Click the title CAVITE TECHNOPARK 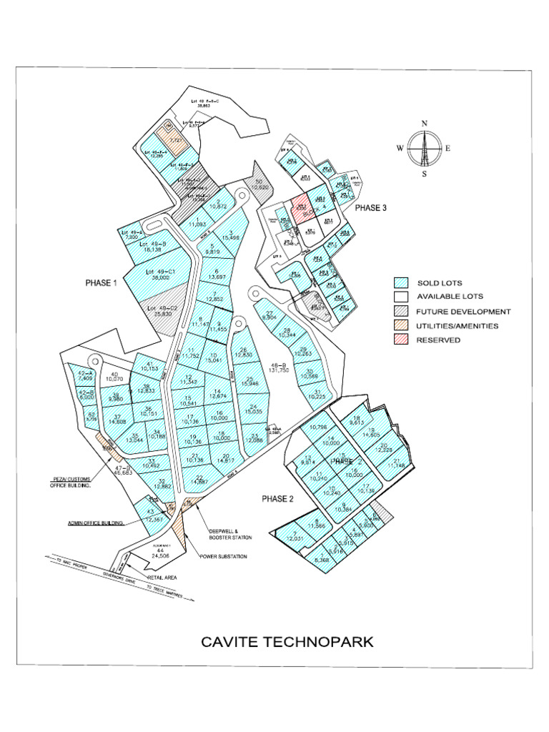(x=287, y=641)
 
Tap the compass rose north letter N (x=424, y=124)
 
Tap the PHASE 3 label (x=370, y=208)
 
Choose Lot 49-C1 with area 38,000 (x=161, y=276)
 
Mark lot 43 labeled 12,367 (x=151, y=516)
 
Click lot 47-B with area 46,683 (x=122, y=470)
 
